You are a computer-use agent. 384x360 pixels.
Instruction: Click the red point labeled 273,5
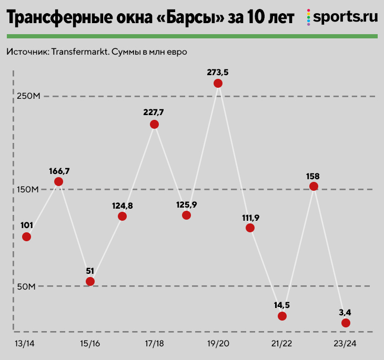218,84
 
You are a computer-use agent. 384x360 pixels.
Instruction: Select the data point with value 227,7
154,125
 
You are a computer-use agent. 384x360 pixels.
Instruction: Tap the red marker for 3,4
346,323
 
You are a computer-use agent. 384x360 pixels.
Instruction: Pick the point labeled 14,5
282,316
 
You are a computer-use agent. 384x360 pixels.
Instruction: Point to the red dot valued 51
90,281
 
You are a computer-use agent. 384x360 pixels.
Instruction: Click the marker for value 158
314,187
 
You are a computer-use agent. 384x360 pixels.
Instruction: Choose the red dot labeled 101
26,236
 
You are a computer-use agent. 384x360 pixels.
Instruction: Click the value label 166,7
58,171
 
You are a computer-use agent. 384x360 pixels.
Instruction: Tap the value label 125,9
186,204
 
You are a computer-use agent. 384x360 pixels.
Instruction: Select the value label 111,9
250,217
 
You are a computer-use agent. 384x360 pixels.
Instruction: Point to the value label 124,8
122,205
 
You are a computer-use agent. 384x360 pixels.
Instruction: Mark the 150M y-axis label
27,189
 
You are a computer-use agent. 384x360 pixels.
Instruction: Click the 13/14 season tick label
26,344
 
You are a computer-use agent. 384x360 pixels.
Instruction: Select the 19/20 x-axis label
218,344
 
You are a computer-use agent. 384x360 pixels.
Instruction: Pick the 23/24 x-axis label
345,344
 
